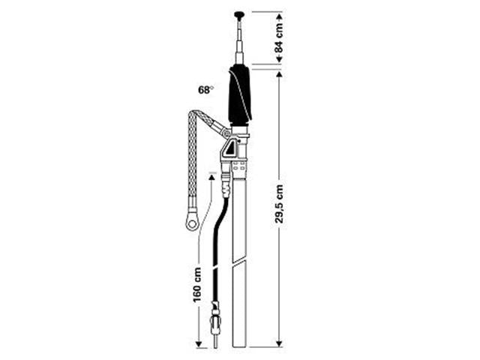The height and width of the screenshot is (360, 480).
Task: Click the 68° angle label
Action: tap(205, 90)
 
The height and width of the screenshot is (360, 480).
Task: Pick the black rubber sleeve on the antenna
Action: tap(239, 94)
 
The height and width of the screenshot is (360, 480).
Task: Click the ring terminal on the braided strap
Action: tap(190, 220)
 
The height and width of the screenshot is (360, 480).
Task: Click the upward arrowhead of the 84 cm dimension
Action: tap(280, 14)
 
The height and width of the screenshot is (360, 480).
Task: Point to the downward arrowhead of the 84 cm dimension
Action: tap(280, 62)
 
